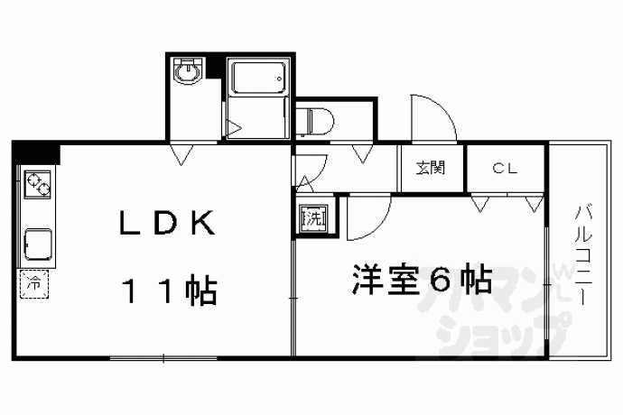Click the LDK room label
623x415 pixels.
tap(168, 223)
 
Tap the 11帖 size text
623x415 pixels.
tap(172, 290)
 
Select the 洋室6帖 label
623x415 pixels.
tap(422, 279)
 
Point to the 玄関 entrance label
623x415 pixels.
tap(431, 168)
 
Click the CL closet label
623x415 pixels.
tap(505, 169)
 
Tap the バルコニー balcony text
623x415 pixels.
tap(583, 255)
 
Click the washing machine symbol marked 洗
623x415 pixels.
tap(314, 217)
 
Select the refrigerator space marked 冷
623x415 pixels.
tap(34, 284)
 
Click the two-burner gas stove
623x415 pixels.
tap(38, 184)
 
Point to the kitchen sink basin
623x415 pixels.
tap(38, 244)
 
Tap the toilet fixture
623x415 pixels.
tap(315, 120)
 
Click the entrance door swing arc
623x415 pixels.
tap(434, 118)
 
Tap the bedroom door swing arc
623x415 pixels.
tap(369, 217)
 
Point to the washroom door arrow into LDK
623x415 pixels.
tap(181, 155)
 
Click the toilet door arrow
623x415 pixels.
tap(363, 154)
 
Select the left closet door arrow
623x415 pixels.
tap(480, 203)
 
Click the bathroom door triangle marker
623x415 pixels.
tap(234, 128)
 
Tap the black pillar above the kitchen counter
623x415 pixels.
tap(36, 152)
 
